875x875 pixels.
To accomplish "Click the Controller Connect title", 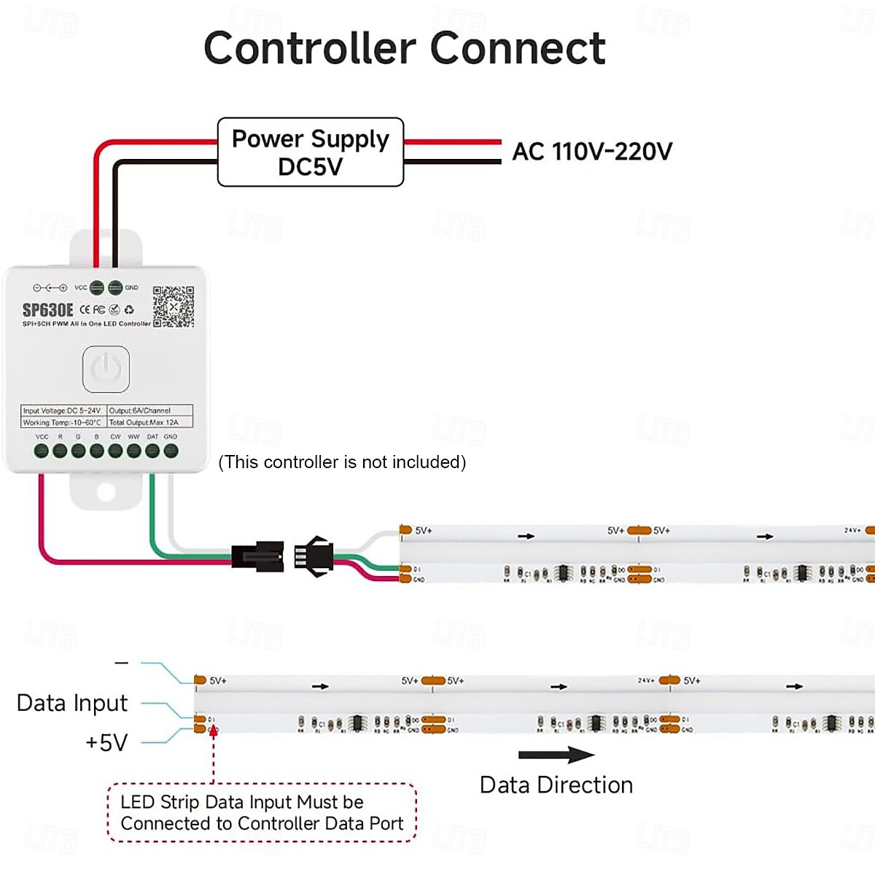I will (x=404, y=48).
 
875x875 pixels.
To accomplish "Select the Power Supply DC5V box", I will (x=311, y=152).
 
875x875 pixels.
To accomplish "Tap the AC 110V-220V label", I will (x=591, y=152).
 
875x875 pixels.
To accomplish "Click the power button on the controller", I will (x=106, y=369).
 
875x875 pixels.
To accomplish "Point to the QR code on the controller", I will (x=173, y=306).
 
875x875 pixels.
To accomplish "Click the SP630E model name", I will (x=47, y=311).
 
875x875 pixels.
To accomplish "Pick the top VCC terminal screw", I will (x=96, y=287).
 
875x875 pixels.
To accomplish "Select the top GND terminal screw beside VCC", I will (x=115, y=287).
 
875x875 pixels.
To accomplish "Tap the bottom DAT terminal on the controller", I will (x=152, y=451).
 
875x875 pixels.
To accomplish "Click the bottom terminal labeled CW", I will (x=115, y=451).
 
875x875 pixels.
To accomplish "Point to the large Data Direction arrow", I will (x=556, y=755).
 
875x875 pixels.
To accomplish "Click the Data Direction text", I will (x=556, y=785).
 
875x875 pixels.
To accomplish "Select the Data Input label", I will (x=72, y=703).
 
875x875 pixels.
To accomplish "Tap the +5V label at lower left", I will (x=106, y=742).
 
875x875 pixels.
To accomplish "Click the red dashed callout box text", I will (x=261, y=813).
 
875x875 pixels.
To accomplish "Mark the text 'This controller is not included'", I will (x=342, y=462).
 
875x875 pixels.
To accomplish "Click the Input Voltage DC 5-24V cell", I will (x=63, y=411).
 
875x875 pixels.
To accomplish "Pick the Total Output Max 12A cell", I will (x=149, y=422).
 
